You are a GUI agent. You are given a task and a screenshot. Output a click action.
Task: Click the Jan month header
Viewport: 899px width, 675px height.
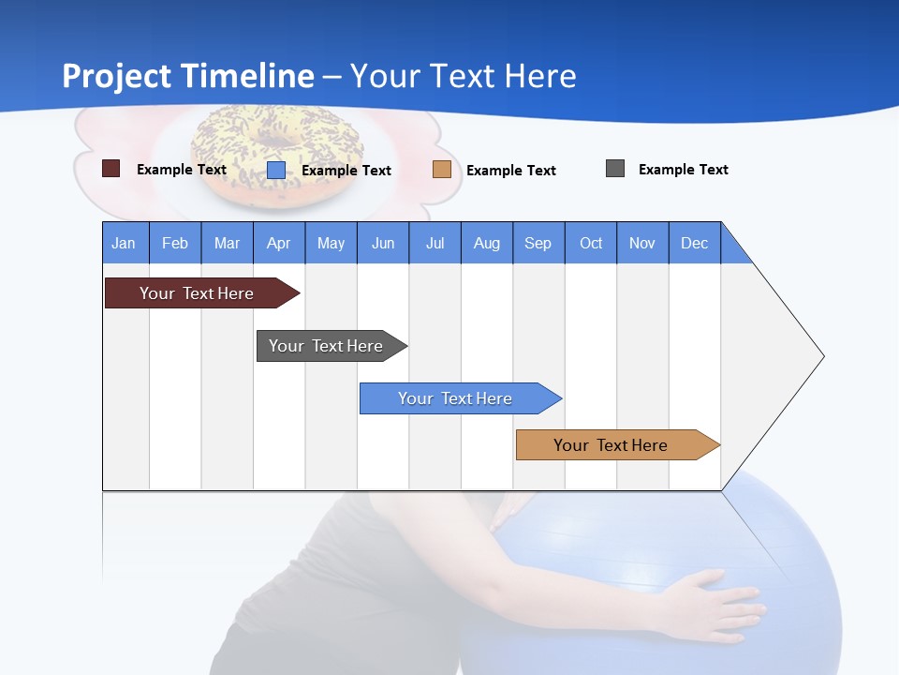tap(125, 243)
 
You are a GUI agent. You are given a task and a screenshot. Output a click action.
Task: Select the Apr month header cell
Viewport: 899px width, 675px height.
tap(279, 243)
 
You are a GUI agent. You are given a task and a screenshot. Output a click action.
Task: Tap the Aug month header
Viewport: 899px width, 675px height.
tap(487, 243)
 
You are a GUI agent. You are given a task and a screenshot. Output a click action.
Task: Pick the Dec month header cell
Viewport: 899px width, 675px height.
tap(695, 243)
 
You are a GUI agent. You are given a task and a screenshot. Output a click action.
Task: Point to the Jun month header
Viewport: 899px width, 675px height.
tap(383, 243)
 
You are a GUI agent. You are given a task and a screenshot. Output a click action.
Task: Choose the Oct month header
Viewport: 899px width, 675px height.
tap(591, 243)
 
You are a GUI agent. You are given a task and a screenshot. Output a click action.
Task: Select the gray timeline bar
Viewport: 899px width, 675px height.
tap(328, 346)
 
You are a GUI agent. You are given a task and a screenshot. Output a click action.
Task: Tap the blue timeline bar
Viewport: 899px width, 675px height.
tap(457, 398)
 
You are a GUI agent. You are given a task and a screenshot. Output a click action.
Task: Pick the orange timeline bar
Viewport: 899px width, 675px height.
tap(613, 445)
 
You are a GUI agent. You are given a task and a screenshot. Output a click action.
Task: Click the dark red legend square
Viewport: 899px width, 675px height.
tap(111, 169)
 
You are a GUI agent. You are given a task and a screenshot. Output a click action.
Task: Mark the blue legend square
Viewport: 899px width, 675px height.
tap(276, 170)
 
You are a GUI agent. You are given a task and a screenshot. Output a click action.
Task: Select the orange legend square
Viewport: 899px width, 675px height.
tap(442, 170)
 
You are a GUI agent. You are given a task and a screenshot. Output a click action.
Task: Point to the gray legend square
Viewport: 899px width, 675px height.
tap(615, 169)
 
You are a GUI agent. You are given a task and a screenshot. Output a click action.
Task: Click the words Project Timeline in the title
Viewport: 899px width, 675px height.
tap(188, 76)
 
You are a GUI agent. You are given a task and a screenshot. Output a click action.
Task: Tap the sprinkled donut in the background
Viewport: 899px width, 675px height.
tap(276, 150)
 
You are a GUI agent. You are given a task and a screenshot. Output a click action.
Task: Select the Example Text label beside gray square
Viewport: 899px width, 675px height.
tap(683, 170)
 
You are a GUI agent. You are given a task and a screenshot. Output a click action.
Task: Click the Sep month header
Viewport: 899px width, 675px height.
tap(538, 243)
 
